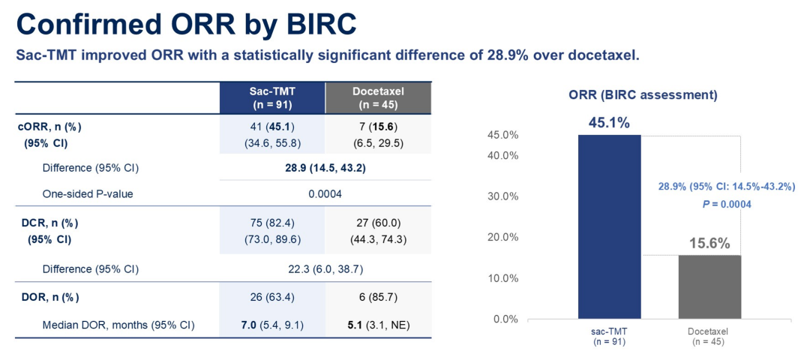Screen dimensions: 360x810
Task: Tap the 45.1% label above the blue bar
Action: tap(609, 122)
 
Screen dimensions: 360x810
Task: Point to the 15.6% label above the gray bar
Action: tap(709, 243)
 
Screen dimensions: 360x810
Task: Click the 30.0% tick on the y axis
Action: tap(503, 196)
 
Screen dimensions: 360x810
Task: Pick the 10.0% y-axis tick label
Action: tap(503, 278)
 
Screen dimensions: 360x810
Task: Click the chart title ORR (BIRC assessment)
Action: tap(643, 95)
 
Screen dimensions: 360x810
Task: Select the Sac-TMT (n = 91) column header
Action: tap(271, 97)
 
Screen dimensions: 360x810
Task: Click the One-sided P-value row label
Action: tap(88, 193)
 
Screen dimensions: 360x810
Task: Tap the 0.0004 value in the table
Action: tap(325, 193)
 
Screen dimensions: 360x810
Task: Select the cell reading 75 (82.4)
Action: tap(271, 223)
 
